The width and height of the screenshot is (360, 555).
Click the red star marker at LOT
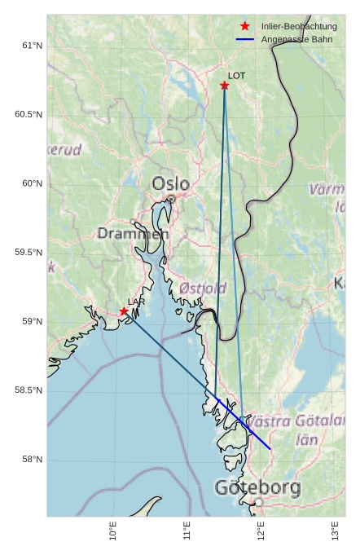224,86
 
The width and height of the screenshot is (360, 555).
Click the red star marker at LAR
124,311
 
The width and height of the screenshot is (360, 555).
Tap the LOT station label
236,76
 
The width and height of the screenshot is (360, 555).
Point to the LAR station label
135,302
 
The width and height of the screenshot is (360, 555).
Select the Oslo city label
170,184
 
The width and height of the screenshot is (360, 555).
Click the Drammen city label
133,234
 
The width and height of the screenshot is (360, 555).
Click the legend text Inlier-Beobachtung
299,27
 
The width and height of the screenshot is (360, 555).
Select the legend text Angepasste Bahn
296,39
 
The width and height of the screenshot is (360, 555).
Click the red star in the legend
245,27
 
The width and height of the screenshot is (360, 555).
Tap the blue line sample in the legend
245,39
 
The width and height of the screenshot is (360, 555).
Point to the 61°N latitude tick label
32,46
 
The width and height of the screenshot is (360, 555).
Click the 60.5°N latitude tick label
29,115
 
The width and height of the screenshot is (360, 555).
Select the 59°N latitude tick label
32,322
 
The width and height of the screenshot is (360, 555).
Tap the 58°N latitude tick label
32,460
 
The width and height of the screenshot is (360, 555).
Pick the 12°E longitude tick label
261,531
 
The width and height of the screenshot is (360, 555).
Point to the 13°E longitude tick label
336,531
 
